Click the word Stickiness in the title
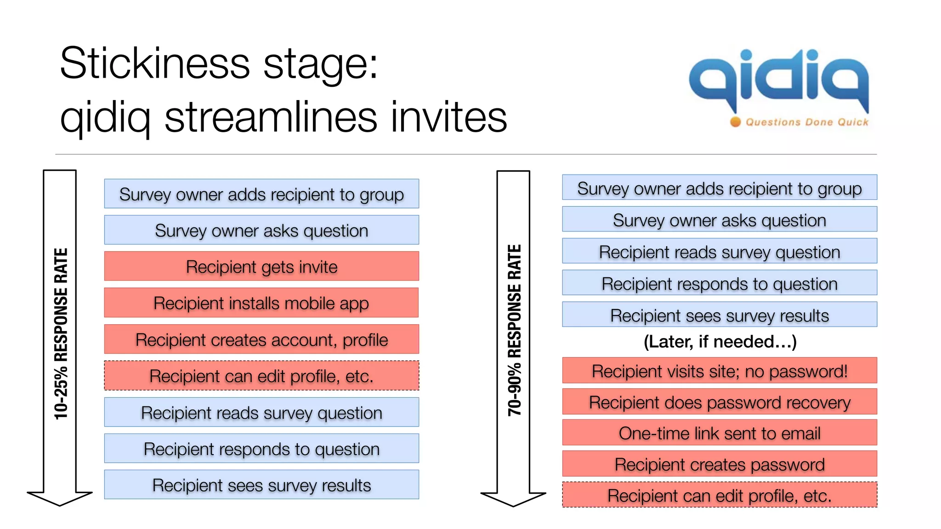click(155, 63)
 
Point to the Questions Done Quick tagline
click(807, 122)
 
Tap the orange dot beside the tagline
click(736, 122)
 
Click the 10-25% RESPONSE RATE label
click(61, 333)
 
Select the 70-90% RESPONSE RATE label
click(514, 331)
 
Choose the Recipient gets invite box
click(261, 266)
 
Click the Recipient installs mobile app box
click(261, 303)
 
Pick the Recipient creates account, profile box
click(261, 340)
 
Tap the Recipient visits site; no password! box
click(720, 371)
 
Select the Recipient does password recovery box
click(720, 402)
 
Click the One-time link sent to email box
click(720, 433)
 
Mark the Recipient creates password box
click(720, 464)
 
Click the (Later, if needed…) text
click(720, 342)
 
